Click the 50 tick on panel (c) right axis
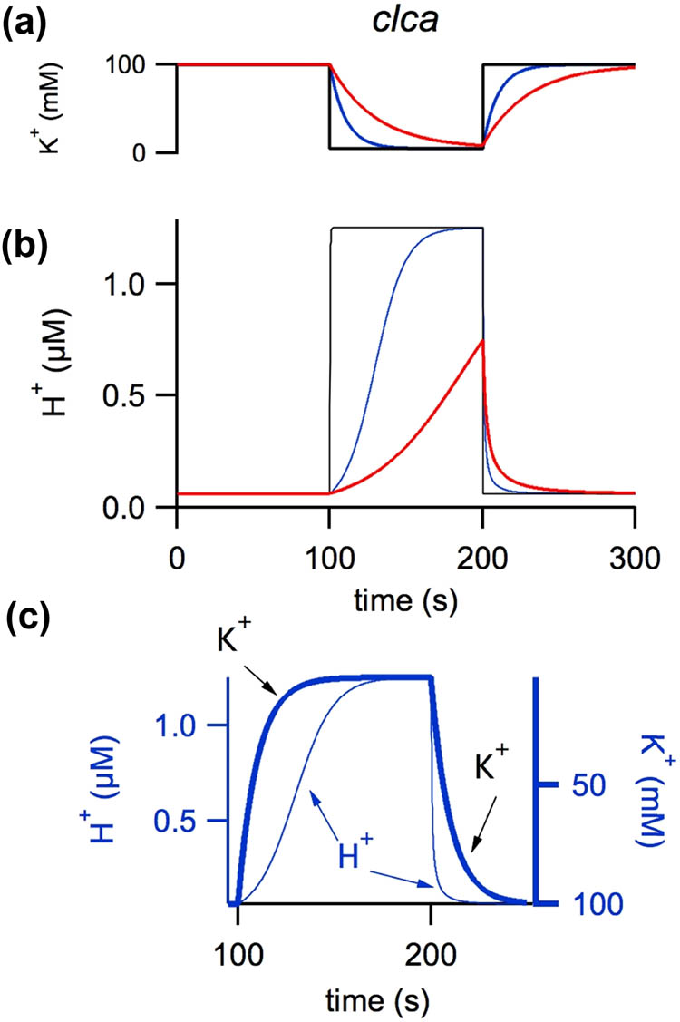click(x=573, y=784)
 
